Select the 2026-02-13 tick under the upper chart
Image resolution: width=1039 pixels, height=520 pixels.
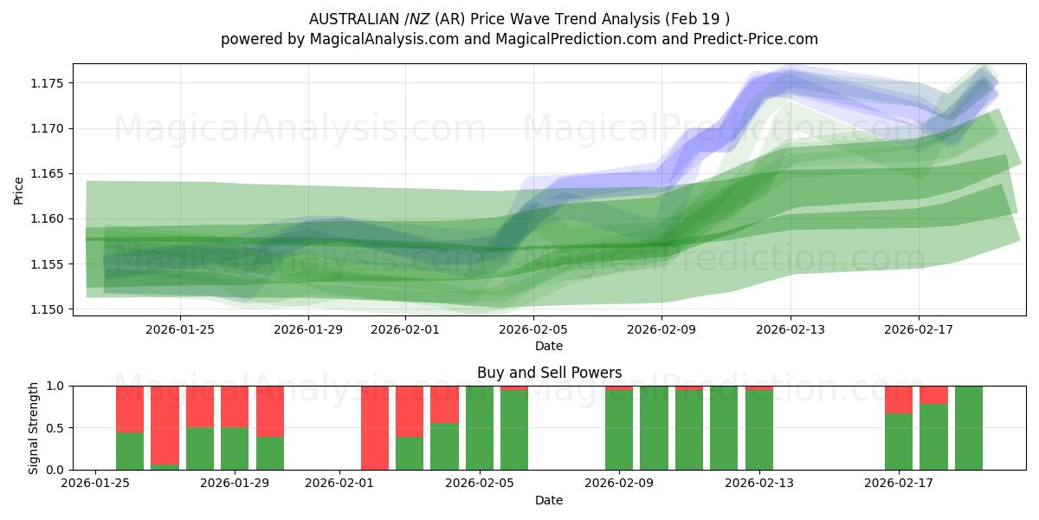pos(791,329)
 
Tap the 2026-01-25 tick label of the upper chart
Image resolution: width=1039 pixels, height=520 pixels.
pos(180,329)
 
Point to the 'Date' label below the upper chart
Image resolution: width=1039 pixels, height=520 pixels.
pos(549,346)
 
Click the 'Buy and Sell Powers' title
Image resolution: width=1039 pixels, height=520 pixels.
pos(549,374)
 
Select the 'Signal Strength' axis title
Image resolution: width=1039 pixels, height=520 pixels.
pos(34,428)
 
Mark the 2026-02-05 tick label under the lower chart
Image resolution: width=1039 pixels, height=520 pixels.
pos(479,484)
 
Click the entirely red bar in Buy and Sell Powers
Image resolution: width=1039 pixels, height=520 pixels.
pos(374,428)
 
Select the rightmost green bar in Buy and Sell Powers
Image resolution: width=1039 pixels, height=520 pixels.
pos(969,428)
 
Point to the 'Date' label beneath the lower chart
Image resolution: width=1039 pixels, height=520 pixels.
pos(549,500)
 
